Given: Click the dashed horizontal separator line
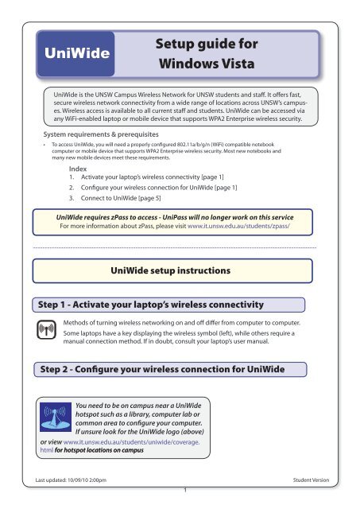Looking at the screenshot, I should [180, 248].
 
